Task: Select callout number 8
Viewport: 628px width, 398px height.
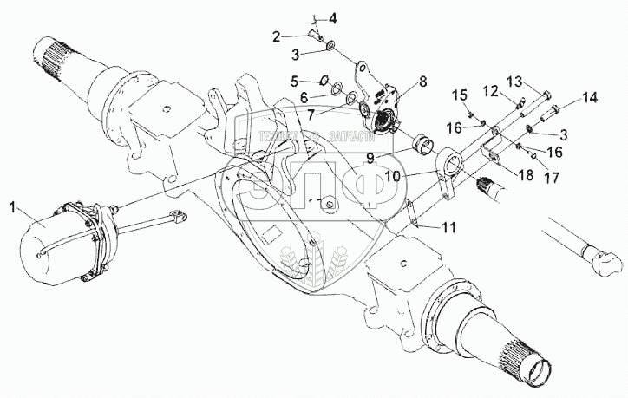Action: [x=422, y=82]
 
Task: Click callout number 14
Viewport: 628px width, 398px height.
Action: [x=590, y=98]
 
